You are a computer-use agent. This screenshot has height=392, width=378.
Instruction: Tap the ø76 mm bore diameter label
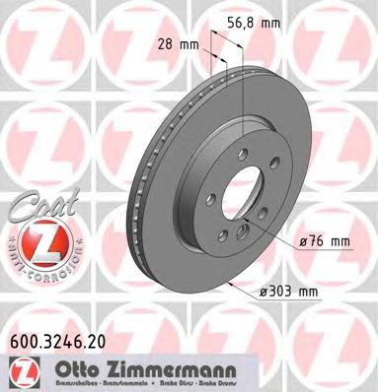(x=326, y=241)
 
